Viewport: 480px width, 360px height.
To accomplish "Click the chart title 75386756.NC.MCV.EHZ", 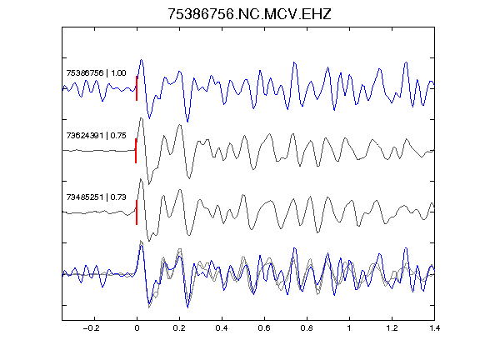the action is [x=249, y=14].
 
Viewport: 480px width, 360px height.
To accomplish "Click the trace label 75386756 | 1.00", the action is [x=96, y=73].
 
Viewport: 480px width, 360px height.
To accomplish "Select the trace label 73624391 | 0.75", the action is [x=96, y=136].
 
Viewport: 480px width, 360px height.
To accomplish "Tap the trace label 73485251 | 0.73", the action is [x=96, y=197].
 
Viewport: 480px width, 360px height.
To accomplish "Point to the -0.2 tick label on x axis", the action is [x=92, y=328].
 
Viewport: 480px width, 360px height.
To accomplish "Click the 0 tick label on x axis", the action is [x=137, y=328].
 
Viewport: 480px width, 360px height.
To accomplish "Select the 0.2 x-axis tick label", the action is [x=179, y=328].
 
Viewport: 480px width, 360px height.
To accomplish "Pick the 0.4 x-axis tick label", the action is [x=222, y=328].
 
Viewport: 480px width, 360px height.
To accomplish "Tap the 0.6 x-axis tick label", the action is [x=264, y=328].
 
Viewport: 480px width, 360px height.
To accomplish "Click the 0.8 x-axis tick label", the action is [x=307, y=328].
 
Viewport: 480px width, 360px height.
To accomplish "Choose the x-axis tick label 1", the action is [x=349, y=328].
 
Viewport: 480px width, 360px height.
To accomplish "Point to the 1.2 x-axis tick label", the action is [x=392, y=328].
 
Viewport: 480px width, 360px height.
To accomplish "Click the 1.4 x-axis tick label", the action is [x=434, y=328].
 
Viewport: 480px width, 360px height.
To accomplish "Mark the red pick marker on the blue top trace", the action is [x=137, y=88].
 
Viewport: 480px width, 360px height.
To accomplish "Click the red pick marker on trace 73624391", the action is [x=136, y=151].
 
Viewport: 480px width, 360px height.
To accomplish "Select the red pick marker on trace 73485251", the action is [x=137, y=212].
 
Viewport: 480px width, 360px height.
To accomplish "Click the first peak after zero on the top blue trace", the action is [x=142, y=60].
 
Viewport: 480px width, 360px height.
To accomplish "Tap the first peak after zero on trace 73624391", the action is [x=141, y=118].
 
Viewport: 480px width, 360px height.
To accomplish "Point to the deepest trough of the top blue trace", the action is [x=187, y=122].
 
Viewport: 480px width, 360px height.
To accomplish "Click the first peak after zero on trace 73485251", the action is [x=141, y=179].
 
